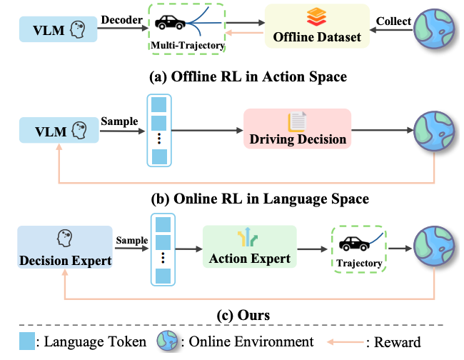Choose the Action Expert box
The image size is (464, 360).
pyautogui.click(x=249, y=249)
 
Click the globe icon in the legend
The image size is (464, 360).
pyautogui.click(x=168, y=341)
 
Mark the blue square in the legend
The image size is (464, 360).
pyautogui.click(x=27, y=341)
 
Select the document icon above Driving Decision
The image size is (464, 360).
pyautogui.click(x=297, y=121)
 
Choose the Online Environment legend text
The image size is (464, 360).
pyautogui.click(x=246, y=341)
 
